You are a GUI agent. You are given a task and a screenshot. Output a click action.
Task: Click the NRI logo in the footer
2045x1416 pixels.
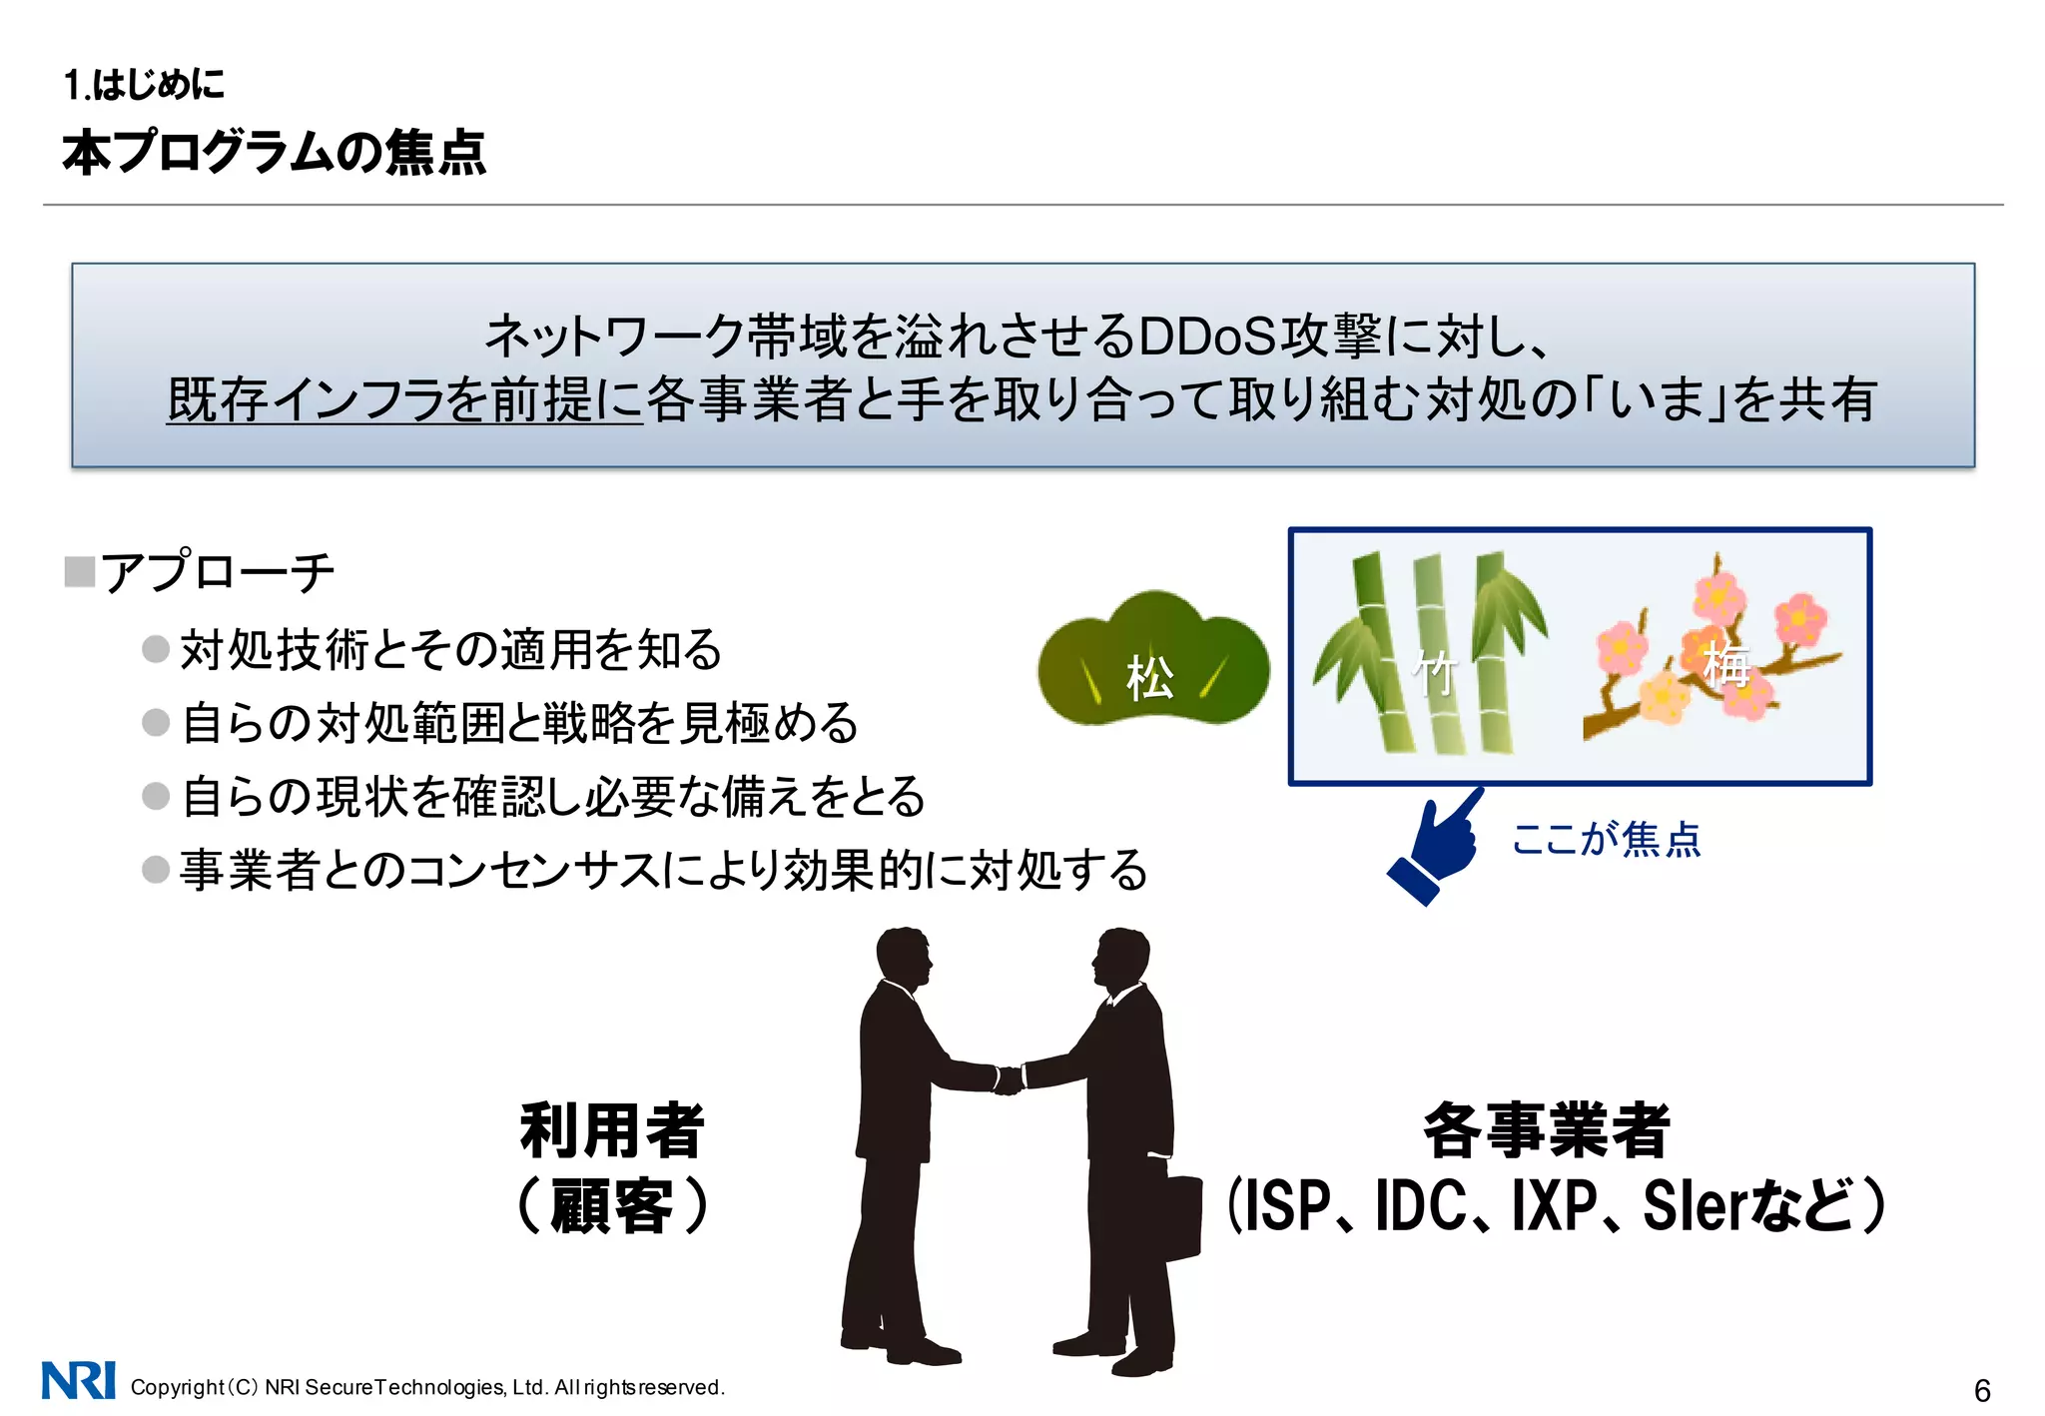78,1381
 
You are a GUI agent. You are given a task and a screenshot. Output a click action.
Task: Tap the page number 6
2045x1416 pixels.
1982,1390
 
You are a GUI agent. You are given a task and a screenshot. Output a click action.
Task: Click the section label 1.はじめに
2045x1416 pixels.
144,85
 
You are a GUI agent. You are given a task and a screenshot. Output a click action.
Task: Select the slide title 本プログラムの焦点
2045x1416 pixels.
274,153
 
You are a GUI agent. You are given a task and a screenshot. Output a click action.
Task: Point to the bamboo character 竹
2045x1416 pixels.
1434,672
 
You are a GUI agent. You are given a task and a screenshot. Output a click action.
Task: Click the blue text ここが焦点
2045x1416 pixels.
1606,839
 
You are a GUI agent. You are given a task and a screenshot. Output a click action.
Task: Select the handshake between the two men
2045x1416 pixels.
1009,1079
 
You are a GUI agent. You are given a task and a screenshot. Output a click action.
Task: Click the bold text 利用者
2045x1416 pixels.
612,1130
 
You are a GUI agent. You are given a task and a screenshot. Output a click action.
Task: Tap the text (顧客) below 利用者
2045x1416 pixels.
612,1206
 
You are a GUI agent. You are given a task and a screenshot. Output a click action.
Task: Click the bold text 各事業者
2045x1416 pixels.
1546,1130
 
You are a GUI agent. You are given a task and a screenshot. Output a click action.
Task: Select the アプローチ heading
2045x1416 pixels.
217,572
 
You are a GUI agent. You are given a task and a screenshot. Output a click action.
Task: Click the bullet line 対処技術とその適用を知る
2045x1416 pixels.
450,649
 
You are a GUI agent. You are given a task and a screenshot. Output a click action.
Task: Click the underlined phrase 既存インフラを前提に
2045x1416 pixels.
404,400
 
